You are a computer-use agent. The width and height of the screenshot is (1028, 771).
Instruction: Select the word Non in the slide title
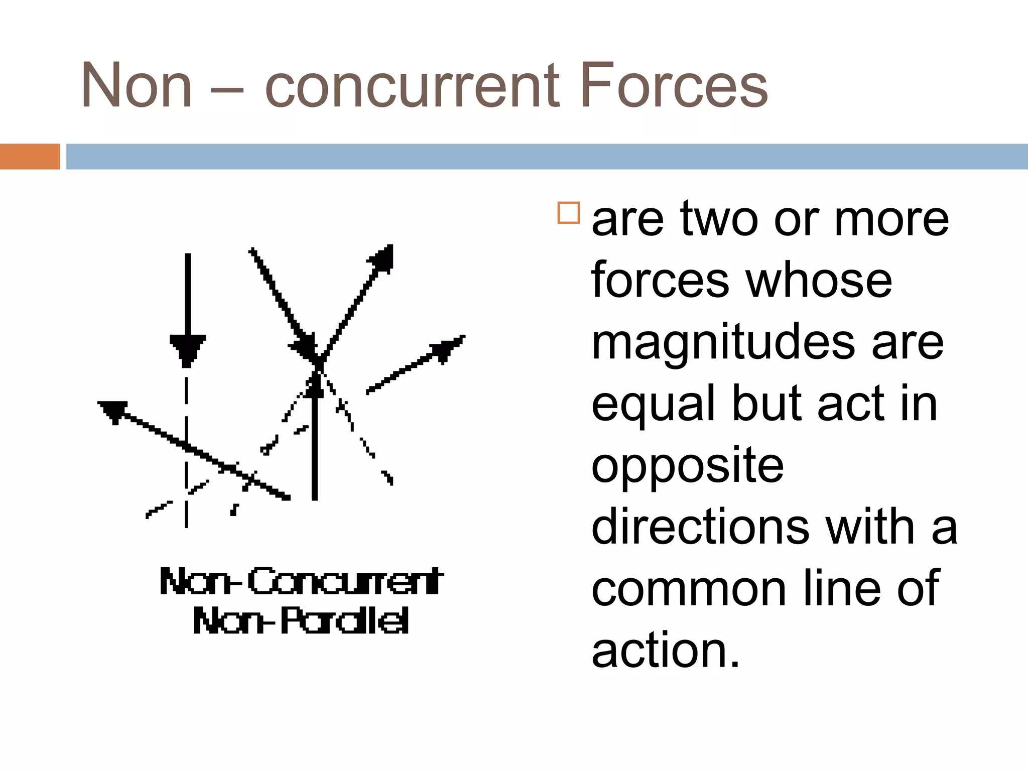click(x=137, y=86)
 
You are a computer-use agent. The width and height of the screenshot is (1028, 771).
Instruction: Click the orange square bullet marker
click(x=568, y=213)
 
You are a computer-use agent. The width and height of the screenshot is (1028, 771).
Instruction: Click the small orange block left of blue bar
click(x=30, y=157)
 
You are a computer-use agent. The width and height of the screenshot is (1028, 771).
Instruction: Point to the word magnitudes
click(x=723, y=345)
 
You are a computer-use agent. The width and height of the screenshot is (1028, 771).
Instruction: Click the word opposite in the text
click(x=687, y=467)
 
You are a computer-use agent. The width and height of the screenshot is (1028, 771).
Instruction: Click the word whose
click(x=819, y=281)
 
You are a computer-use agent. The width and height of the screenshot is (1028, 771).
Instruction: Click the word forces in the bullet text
click(x=660, y=281)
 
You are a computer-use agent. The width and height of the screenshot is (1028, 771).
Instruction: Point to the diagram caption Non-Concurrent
click(x=301, y=582)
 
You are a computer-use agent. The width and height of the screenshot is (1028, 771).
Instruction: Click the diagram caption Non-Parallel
click(x=301, y=621)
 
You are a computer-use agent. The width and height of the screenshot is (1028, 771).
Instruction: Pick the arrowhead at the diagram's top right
click(x=383, y=257)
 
